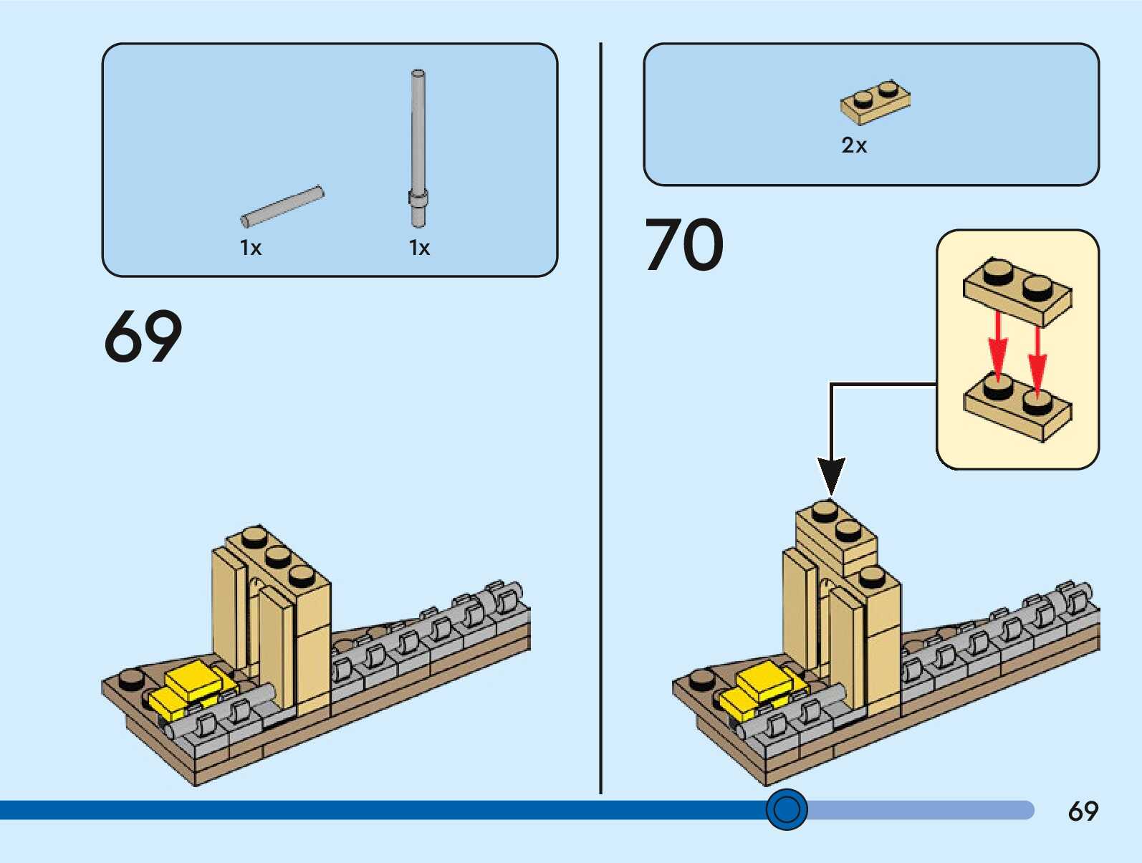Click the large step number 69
click(x=143, y=336)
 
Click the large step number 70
click(x=684, y=244)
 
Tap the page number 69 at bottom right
click(x=1083, y=811)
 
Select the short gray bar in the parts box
click(x=282, y=206)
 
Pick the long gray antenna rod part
click(x=418, y=149)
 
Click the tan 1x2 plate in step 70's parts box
click(x=875, y=102)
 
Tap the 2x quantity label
click(x=854, y=145)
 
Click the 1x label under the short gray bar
click(x=251, y=248)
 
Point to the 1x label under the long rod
click(x=419, y=248)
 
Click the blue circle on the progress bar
click(x=787, y=809)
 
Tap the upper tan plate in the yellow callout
click(x=1017, y=291)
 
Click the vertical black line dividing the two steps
click(x=601, y=418)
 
